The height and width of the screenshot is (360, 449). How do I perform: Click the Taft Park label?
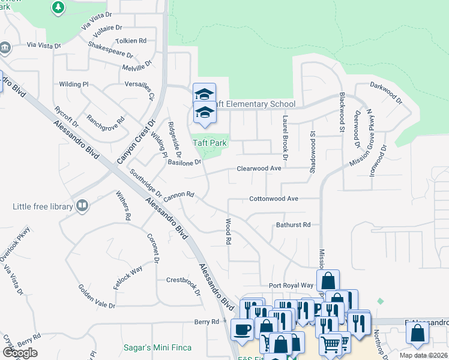point(209,143)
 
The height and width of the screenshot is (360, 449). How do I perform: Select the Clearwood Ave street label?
point(259,169)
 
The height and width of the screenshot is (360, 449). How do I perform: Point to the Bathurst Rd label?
point(293,225)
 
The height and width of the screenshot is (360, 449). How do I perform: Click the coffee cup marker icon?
point(242,330)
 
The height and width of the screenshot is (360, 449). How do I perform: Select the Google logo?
point(20,353)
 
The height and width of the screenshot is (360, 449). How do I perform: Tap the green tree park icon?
point(58,8)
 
